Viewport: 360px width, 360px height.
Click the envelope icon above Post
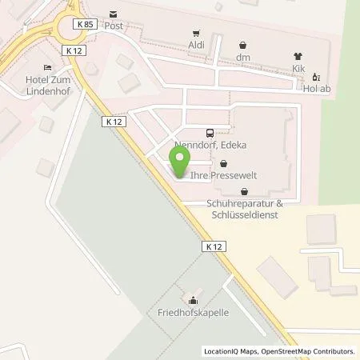113,14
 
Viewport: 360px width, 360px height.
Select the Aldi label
194,46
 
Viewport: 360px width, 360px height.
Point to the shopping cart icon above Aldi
194,34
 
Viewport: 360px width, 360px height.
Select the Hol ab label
317,89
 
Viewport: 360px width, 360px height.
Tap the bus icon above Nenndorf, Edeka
210,133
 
